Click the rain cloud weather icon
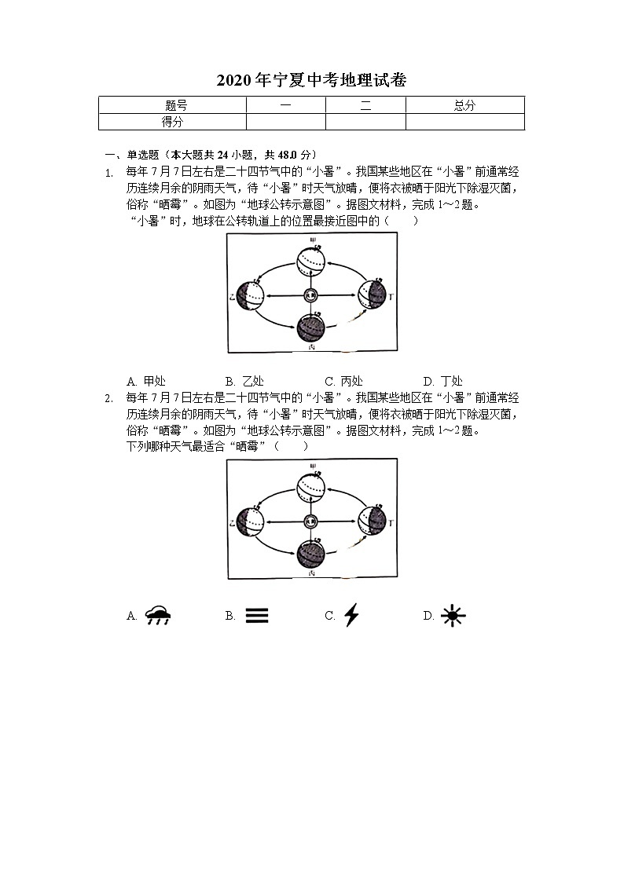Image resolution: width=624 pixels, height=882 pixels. pyautogui.click(x=159, y=616)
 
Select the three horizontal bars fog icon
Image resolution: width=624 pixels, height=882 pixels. pyautogui.click(x=257, y=616)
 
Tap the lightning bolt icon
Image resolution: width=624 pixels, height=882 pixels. pyautogui.click(x=351, y=615)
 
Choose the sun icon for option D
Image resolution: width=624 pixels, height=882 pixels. pyautogui.click(x=453, y=616)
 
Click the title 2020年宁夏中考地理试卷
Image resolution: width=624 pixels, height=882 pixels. pyautogui.click(x=311, y=80)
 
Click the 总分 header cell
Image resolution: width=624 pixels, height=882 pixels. pyautogui.click(x=464, y=105)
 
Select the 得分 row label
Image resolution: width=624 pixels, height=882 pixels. pyautogui.click(x=173, y=122)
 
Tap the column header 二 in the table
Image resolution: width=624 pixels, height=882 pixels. pyautogui.click(x=365, y=105)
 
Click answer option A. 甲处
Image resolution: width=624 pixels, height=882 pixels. pyautogui.click(x=146, y=382)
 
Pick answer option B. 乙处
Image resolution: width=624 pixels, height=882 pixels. pyautogui.click(x=244, y=382)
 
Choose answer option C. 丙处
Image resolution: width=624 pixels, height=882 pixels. pyautogui.click(x=343, y=382)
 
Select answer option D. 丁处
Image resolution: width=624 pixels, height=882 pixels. pyautogui.click(x=442, y=382)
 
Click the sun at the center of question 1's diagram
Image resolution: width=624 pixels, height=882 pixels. pyautogui.click(x=311, y=295)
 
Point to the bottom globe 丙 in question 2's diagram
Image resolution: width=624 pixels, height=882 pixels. pyautogui.click(x=311, y=554)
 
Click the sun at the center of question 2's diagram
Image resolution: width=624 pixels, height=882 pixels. pyautogui.click(x=311, y=521)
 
